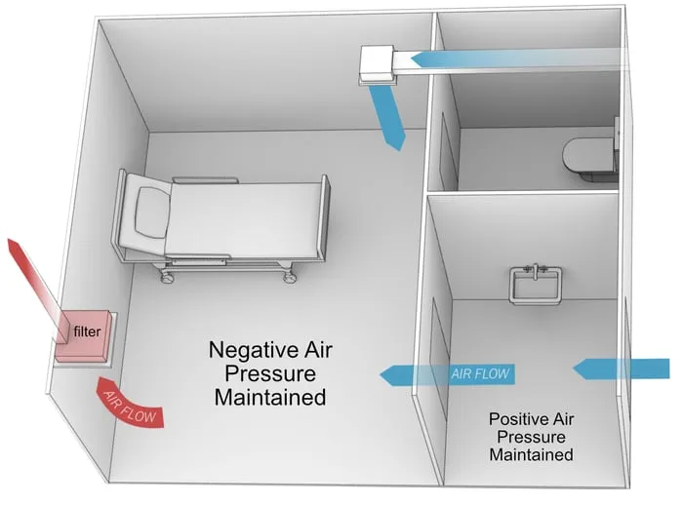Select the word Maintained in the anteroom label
(530, 454)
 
